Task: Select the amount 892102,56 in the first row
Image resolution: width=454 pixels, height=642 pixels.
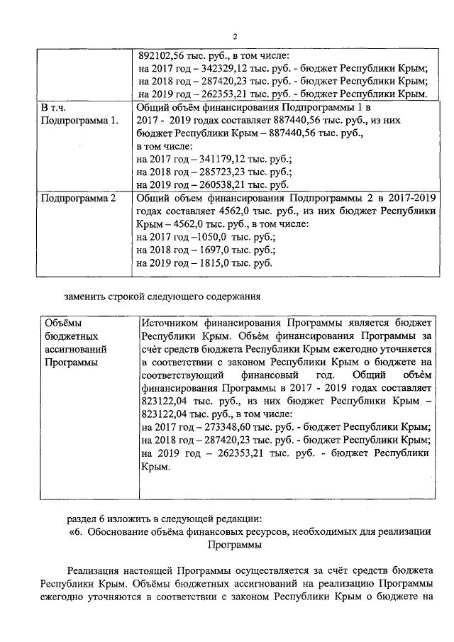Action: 165,57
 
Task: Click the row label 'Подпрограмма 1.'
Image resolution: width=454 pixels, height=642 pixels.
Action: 79,120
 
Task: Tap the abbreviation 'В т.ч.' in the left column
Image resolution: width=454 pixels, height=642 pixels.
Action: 54,107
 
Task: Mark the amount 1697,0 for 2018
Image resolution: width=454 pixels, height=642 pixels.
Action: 212,250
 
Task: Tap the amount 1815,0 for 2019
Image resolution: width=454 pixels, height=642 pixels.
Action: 212,264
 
